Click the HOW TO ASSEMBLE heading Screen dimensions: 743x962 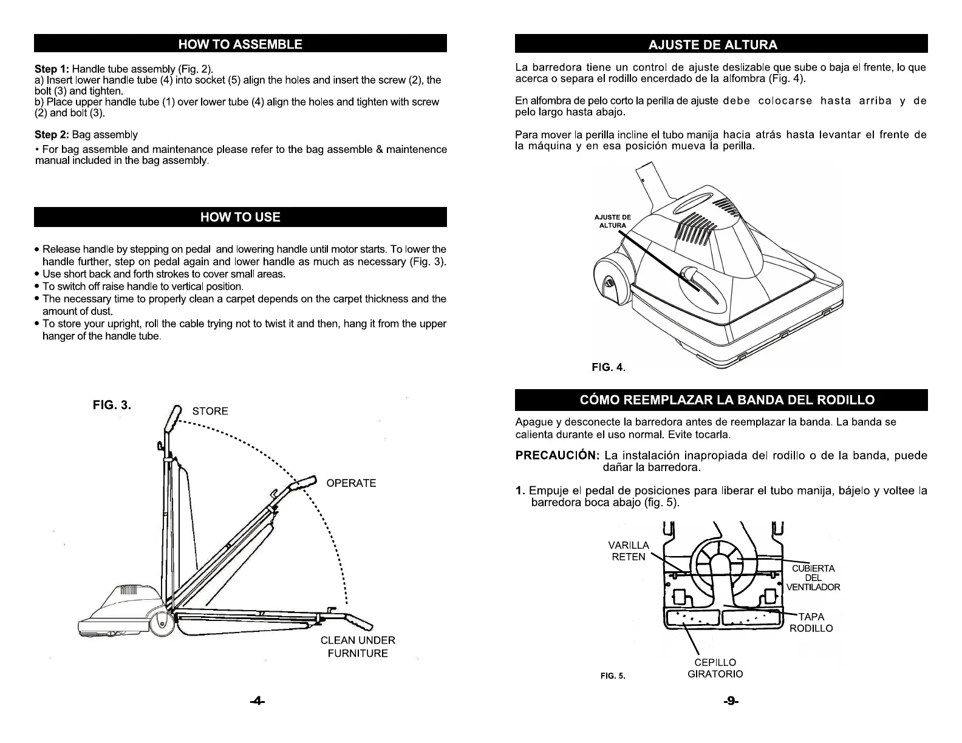coord(240,44)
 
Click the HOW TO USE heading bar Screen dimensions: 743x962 coord(240,217)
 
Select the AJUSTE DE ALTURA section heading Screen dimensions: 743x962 coord(721,44)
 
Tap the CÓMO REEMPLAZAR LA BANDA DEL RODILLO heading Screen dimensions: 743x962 coord(721,399)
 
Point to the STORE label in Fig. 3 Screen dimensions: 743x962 coord(210,411)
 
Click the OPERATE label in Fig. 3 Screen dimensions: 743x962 coord(351,483)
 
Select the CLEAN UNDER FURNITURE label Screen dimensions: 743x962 coord(358,646)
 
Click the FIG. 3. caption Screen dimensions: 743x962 coord(112,405)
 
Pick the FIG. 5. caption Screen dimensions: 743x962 coord(613,676)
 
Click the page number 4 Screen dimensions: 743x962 coord(258,701)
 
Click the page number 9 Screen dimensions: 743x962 coord(731,701)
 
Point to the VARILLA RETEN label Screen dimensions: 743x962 coord(629,551)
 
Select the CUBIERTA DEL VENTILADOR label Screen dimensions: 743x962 coord(813,578)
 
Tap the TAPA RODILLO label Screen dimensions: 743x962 coord(811,623)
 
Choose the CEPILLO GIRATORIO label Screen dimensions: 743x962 coord(715,668)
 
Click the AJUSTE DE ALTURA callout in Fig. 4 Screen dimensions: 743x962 coord(612,221)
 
